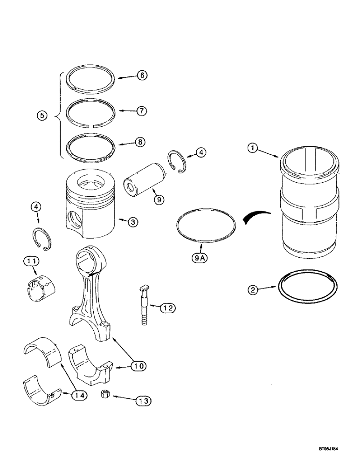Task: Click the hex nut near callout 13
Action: click(x=104, y=394)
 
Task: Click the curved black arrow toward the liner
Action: click(x=254, y=215)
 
